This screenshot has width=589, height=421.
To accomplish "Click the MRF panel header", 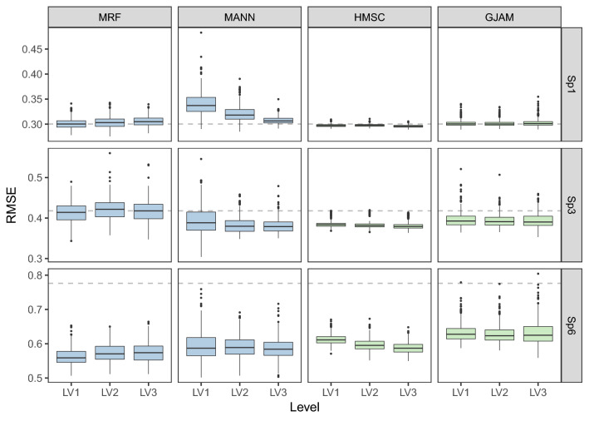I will pyautogui.click(x=110, y=17).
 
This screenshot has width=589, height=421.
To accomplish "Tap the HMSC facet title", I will pyautogui.click(x=369, y=17).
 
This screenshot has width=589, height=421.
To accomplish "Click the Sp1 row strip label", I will pyautogui.click(x=573, y=86).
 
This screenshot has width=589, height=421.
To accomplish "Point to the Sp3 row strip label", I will pyautogui.click(x=573, y=205).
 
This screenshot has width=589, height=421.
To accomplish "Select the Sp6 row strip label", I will pyautogui.click(x=573, y=324).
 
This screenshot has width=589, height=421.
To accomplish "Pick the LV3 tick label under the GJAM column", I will pyautogui.click(x=535, y=391).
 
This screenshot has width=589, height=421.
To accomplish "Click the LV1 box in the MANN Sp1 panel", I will pyautogui.click(x=200, y=104).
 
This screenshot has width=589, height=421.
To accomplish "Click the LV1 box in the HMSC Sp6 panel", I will pyautogui.click(x=330, y=339).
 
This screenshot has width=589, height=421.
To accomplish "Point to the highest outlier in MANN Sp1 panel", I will pyautogui.click(x=200, y=32).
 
